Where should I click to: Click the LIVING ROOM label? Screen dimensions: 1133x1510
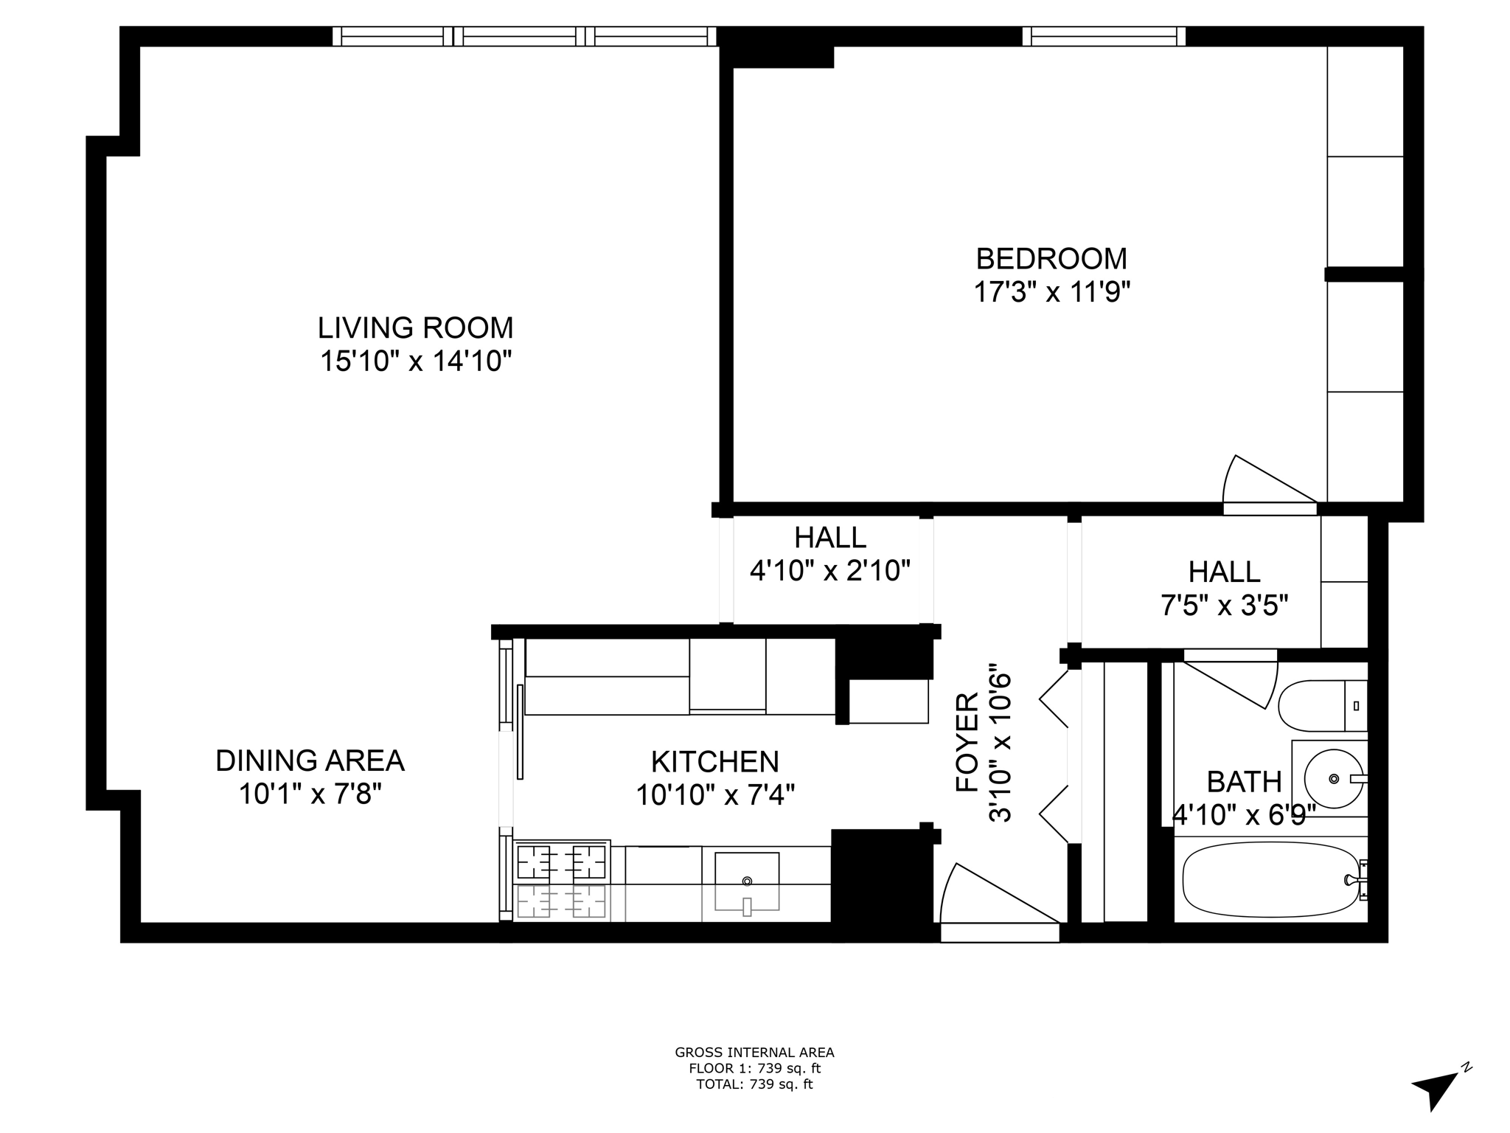coord(415,328)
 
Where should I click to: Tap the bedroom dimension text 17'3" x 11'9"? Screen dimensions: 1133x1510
coord(1051,293)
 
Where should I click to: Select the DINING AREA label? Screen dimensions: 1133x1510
coord(310,760)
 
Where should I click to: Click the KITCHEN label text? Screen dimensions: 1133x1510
coord(714,761)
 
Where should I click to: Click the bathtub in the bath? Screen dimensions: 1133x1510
coord(1270,879)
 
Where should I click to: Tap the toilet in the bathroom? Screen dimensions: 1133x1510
coord(1320,705)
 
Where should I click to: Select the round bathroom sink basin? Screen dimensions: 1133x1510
coord(1333,778)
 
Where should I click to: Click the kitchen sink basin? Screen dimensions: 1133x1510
coord(747,881)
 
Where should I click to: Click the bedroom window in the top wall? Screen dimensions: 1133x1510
coord(1104,36)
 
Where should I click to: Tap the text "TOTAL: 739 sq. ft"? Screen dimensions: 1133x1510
coord(754,1084)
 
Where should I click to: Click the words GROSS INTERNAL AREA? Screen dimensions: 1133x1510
coord(754,1053)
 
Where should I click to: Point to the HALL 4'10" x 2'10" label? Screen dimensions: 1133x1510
coord(830,554)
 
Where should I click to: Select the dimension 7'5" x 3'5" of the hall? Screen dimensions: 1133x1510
coord(1224,606)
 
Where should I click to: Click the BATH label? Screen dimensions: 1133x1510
coord(1244,781)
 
